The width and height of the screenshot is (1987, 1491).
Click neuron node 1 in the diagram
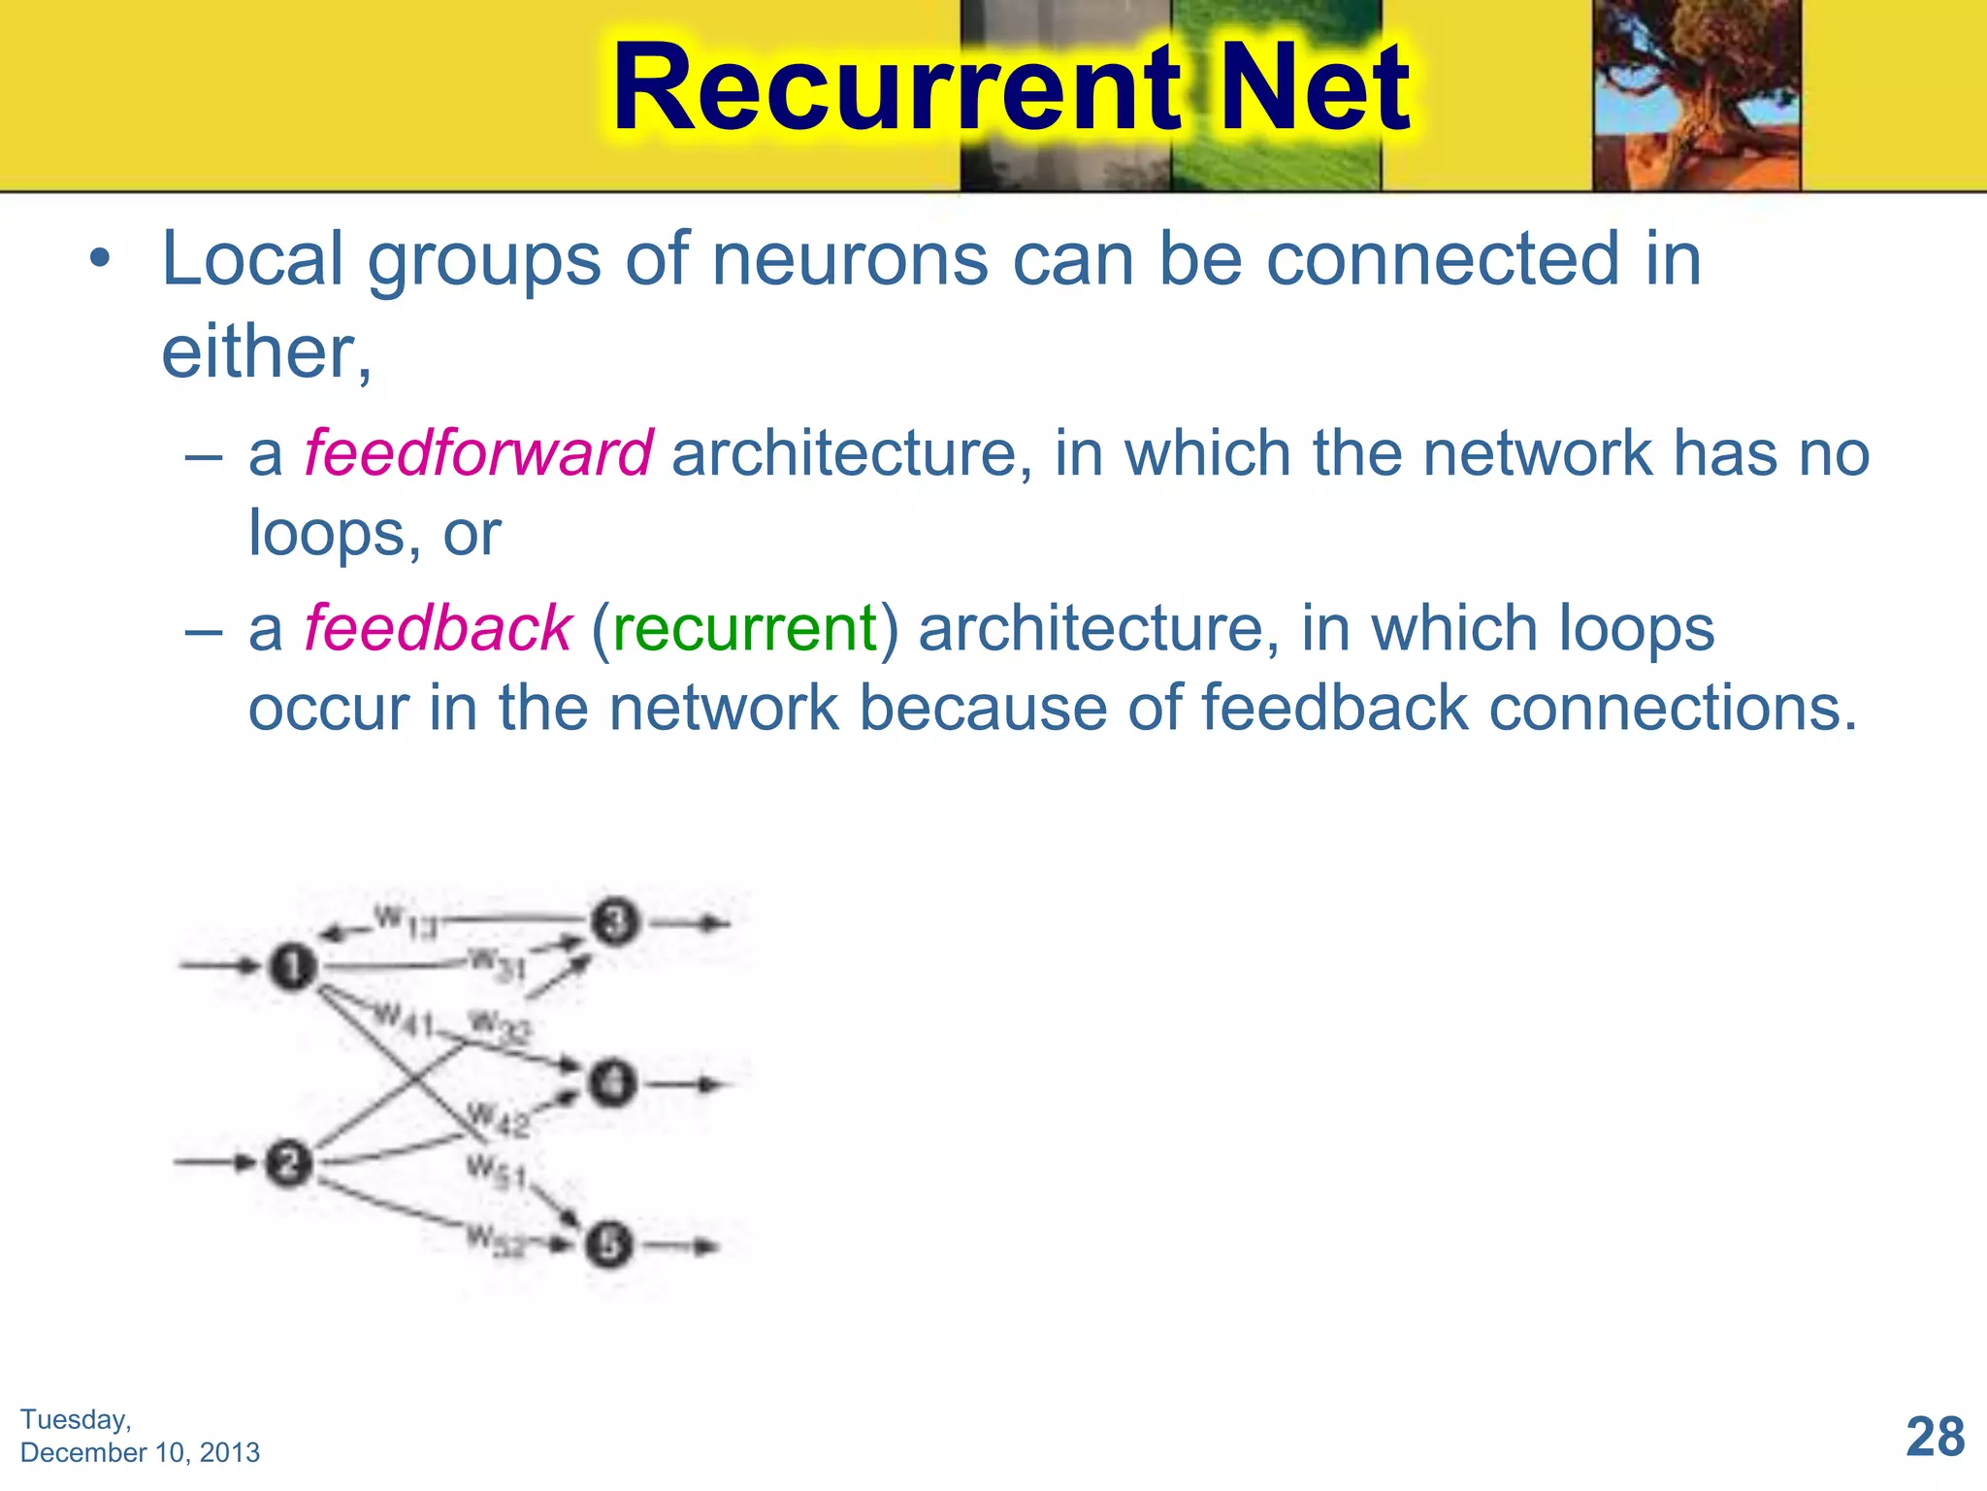(293, 967)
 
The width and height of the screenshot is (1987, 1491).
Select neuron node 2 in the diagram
(288, 1163)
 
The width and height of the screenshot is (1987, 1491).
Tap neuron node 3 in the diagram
(615, 921)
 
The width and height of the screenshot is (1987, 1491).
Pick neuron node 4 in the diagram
(612, 1082)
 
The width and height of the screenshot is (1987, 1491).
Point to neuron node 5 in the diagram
(608, 1245)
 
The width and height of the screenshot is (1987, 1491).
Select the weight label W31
(497, 965)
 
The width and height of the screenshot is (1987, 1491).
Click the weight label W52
(496, 1241)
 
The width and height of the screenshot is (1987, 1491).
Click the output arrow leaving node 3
(690, 923)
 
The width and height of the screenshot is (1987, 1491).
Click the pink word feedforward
(478, 453)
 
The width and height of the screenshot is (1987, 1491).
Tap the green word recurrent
(744, 628)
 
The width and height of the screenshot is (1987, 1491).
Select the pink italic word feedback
(438, 628)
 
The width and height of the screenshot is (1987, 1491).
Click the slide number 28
(1935, 1436)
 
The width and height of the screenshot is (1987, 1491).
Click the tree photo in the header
(1696, 94)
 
